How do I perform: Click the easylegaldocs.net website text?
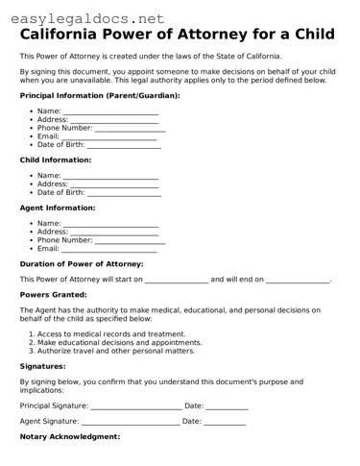84,16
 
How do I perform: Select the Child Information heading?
56,159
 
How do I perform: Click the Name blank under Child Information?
110,176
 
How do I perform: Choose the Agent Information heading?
58,207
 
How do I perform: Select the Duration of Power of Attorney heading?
82,263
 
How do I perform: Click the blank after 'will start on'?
177,280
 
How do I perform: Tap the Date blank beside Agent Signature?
225,421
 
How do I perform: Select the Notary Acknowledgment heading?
70,436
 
